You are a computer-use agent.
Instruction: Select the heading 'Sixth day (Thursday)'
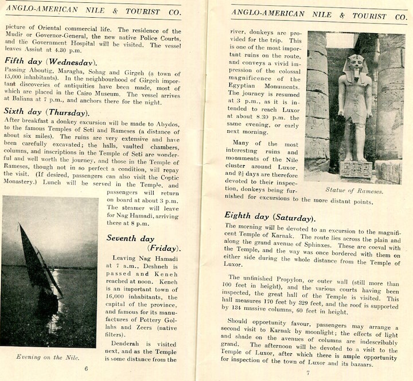click(x=45, y=111)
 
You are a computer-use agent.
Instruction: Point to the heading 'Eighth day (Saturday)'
click(x=270, y=217)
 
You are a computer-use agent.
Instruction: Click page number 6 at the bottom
click(x=86, y=368)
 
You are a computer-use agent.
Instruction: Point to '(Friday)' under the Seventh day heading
click(x=164, y=248)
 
